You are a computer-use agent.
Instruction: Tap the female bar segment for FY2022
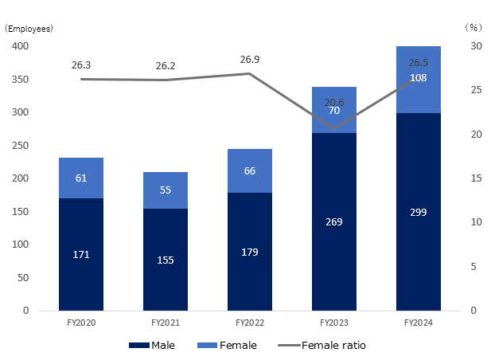point(250,170)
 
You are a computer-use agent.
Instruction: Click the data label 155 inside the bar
point(166,260)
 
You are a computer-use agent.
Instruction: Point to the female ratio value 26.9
point(250,59)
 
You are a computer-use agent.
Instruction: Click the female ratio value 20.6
point(334,102)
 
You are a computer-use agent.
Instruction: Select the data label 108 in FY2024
point(419,78)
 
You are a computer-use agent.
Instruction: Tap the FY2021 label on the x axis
point(166,322)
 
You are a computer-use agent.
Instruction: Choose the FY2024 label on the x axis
point(419,322)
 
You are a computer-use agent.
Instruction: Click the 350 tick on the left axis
point(21,80)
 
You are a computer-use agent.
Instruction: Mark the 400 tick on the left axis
point(21,46)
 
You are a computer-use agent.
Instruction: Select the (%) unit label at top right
point(470,26)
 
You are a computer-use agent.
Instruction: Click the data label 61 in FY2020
point(80,178)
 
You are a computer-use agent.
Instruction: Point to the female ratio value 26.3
point(80,65)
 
